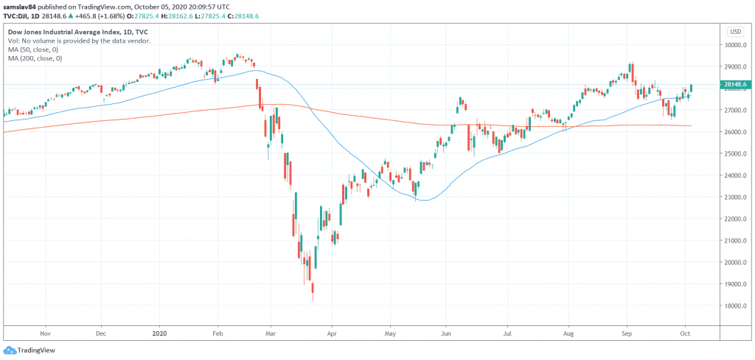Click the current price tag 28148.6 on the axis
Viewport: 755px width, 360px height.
[737, 85]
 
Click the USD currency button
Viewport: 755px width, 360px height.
[735, 32]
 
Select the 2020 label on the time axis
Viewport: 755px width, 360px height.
[159, 333]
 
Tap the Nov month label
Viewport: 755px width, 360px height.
[45, 333]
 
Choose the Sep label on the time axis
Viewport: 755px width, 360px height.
[627, 333]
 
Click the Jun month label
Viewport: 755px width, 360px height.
[445, 333]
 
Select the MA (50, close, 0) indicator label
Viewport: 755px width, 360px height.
[35, 49]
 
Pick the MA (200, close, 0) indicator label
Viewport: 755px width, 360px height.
[36, 58]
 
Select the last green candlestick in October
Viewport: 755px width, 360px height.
[691, 89]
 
